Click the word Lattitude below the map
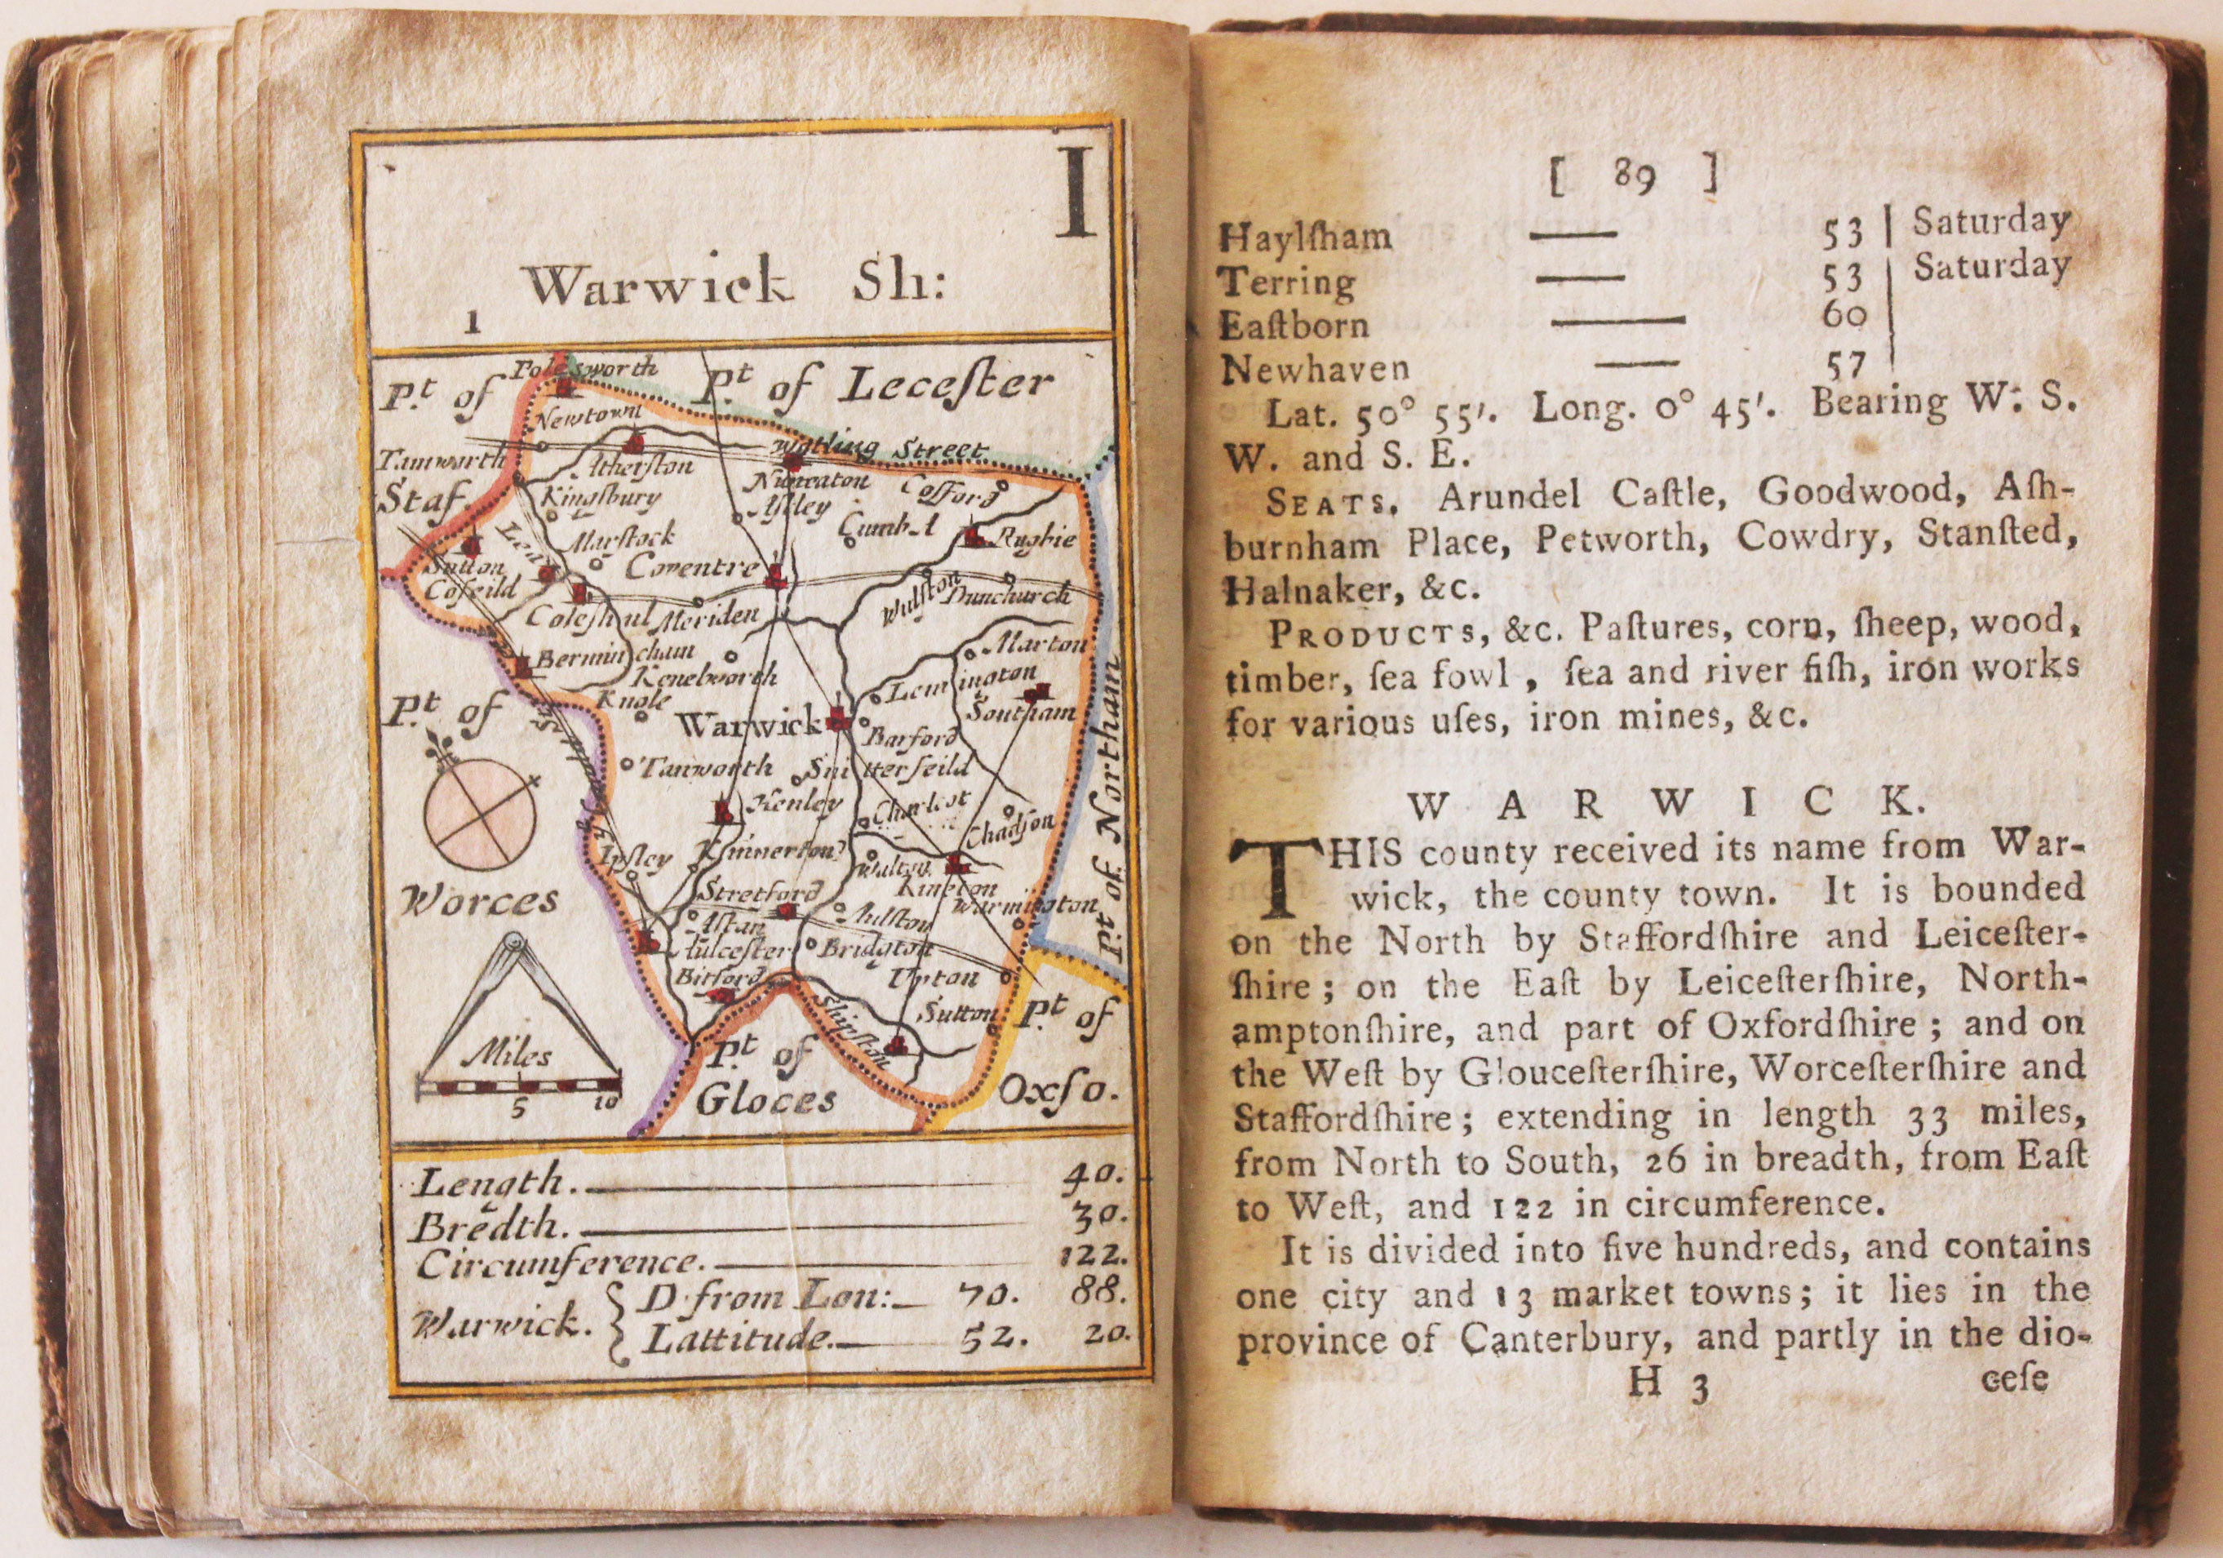739,1339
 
